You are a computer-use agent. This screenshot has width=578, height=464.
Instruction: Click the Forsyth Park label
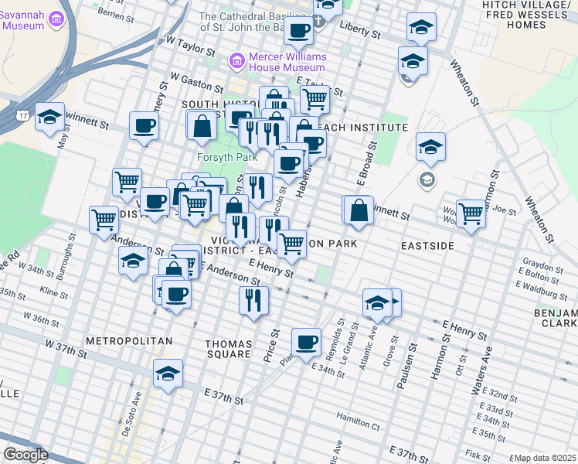tap(226, 157)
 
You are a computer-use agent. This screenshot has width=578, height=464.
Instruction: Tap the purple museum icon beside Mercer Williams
tap(237, 60)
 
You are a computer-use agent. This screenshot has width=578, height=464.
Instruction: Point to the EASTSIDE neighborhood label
tap(427, 245)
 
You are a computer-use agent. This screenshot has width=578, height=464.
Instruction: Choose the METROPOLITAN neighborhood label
tap(117, 340)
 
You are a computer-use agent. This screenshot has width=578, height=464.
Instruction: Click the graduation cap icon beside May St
tap(49, 117)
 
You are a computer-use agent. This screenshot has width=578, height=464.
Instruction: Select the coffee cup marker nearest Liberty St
tap(298, 31)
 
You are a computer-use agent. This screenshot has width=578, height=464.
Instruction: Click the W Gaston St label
tap(197, 78)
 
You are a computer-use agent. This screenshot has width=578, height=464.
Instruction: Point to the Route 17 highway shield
tap(24, 114)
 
